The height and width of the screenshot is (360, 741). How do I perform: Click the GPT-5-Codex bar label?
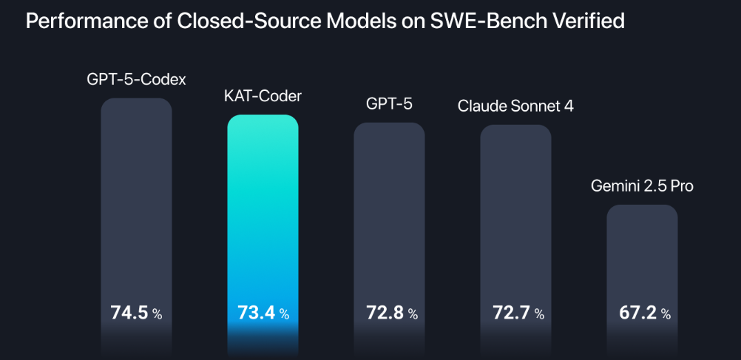pos(136,78)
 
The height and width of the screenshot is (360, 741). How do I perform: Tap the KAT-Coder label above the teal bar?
pos(263,96)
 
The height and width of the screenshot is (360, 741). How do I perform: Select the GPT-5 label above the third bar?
pos(389,103)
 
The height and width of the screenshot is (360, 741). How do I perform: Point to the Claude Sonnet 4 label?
pos(515,106)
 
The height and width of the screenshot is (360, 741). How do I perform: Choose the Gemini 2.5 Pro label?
pos(642,186)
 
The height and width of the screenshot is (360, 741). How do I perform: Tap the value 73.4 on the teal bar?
pos(256,313)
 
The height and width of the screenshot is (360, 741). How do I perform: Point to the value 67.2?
pos(637,313)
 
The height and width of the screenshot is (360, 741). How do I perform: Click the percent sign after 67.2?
pos(666,314)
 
